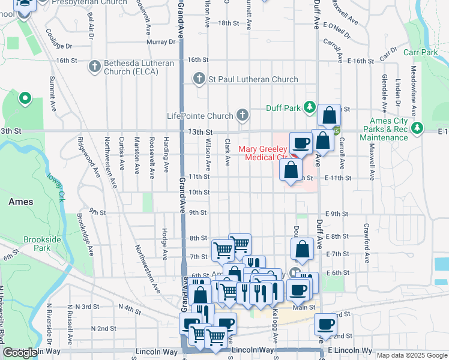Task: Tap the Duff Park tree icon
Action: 309,107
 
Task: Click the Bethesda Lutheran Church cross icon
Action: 94,67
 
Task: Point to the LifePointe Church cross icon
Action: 242,115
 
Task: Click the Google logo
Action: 20,353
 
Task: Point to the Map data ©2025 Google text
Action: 411,355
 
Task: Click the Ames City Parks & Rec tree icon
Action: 417,128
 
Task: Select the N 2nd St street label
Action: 103,328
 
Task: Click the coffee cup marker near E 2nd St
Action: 326,324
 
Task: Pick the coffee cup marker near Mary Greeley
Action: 301,143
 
